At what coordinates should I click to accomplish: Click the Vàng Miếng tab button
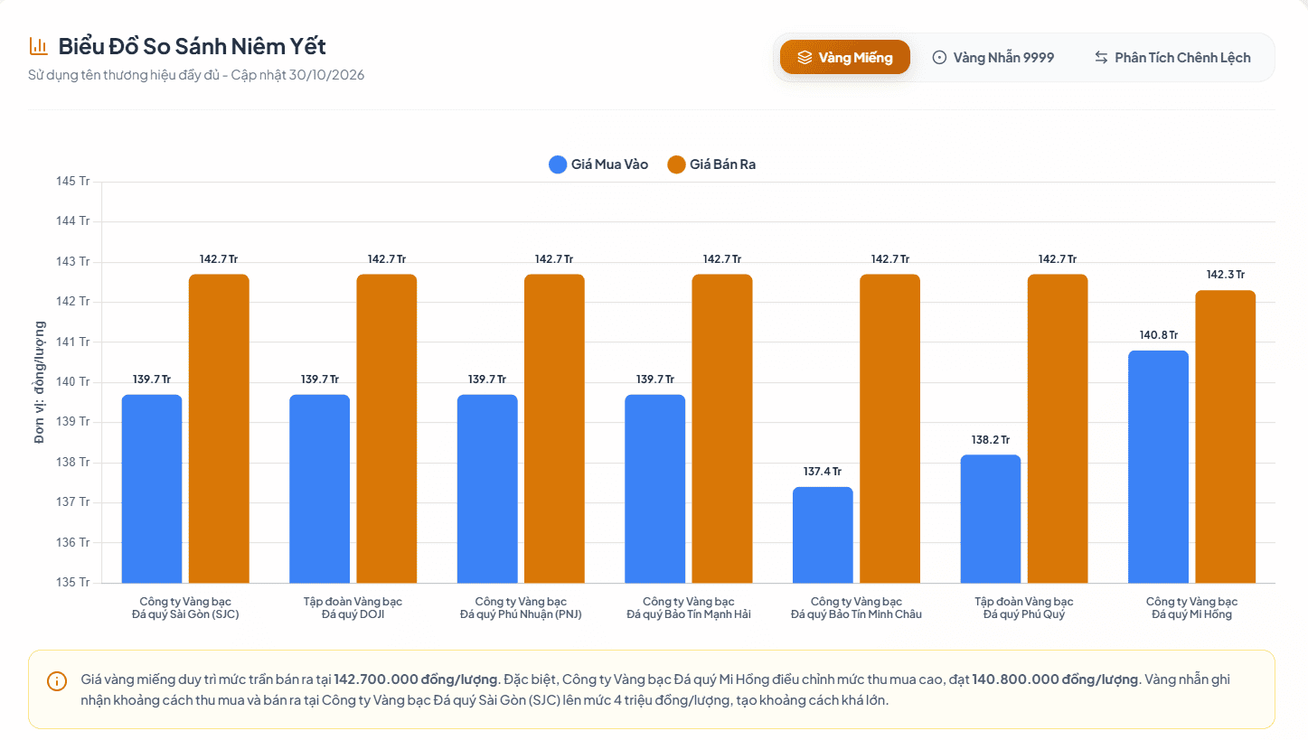coord(844,57)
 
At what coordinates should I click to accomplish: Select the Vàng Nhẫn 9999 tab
coord(993,57)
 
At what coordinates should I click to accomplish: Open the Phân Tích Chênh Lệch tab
coord(1172,57)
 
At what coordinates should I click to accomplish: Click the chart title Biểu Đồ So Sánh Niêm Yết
coord(192,46)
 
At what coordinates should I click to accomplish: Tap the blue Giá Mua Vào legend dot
coord(558,164)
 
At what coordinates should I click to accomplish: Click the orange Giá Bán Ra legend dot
coord(676,164)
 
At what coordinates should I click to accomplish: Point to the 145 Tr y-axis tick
coord(73,181)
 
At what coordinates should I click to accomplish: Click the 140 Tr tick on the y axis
coord(73,381)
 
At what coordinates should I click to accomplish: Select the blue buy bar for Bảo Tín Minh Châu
coord(823,535)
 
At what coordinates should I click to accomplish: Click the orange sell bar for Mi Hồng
coord(1225,436)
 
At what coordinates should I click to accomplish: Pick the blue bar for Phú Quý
coord(991,519)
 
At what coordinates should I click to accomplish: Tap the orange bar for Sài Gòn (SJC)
coord(219,428)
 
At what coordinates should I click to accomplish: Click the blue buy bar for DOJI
coord(319,489)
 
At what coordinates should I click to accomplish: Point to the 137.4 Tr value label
coord(823,472)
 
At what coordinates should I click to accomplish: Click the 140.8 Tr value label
coord(1159,335)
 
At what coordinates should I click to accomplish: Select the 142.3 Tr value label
coord(1226,275)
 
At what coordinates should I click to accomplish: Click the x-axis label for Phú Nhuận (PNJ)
coord(521,607)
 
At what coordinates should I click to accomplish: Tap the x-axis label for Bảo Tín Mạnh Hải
coord(689,607)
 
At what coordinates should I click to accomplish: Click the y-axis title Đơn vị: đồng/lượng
coord(39,382)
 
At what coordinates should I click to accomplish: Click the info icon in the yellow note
coord(57,681)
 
